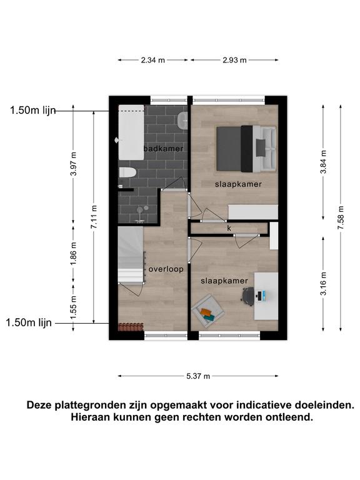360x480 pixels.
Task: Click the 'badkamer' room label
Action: coord(164,149)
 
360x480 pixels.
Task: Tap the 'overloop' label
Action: coord(166,269)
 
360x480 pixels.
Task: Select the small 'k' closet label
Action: coord(229,228)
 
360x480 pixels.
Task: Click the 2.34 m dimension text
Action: coord(152,60)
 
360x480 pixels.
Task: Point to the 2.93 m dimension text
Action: coord(234,60)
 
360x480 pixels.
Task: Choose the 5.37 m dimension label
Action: coord(198,376)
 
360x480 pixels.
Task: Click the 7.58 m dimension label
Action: coord(341,217)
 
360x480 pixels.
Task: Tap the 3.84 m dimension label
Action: coord(323,162)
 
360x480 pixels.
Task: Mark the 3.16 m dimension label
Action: coord(323,284)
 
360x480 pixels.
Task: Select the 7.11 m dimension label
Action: coord(94,217)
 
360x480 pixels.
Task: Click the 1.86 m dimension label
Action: coord(74,254)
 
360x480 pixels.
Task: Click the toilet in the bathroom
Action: coord(127,172)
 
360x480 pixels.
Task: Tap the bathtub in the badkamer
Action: coord(131,132)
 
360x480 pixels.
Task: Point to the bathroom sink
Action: coord(182,120)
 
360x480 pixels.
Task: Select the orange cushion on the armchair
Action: coord(206,312)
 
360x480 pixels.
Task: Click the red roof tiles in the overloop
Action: coord(131,327)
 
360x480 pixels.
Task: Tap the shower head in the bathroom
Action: coord(140,210)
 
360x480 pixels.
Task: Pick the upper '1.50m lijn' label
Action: coord(33,110)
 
